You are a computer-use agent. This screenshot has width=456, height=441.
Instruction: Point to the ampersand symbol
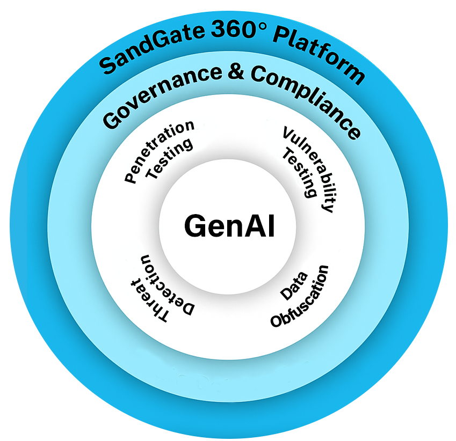234,73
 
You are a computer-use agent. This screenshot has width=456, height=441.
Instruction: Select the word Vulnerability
311,167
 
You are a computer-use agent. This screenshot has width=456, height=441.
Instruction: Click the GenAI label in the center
229,226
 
